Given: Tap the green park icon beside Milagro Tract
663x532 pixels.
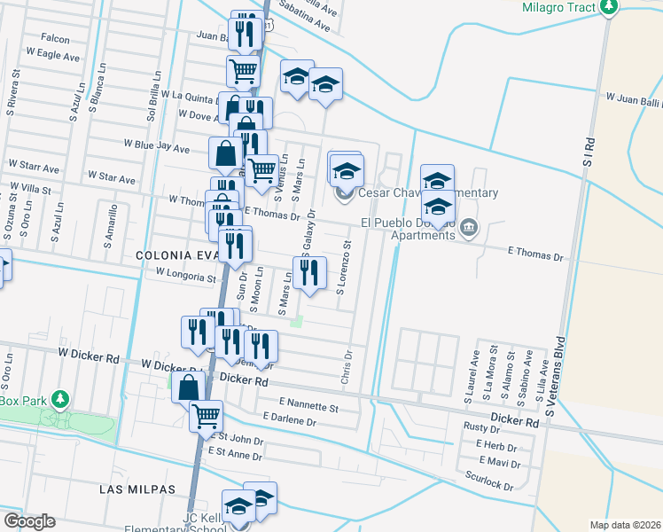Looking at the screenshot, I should [608, 7].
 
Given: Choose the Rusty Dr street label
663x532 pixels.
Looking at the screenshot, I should [482, 427].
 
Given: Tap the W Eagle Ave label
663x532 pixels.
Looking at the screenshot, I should [53, 53].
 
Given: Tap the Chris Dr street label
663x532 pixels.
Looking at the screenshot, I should [347, 367].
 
